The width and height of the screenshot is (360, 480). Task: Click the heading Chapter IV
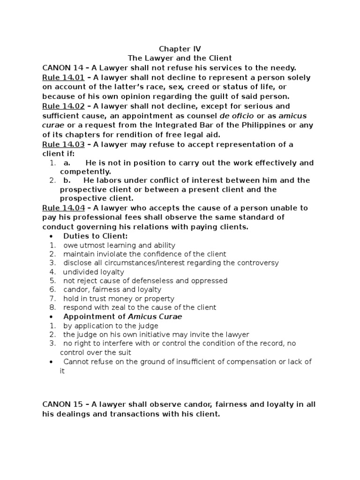(180, 49)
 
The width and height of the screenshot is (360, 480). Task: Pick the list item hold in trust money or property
(119, 299)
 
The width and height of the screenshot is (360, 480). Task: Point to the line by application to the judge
(111, 325)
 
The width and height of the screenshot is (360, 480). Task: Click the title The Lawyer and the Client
(180, 58)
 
